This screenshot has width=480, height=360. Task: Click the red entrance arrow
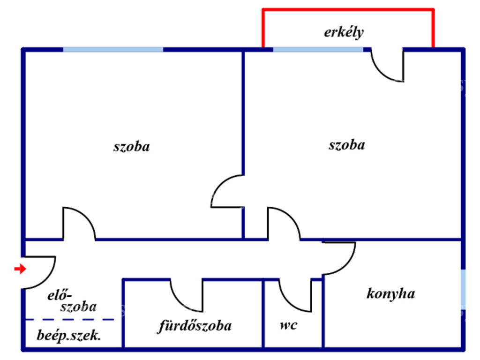coord(20,269)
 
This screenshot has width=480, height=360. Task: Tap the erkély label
coord(344,32)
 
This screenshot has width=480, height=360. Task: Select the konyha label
coord(390,293)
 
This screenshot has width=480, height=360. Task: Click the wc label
coord(288,325)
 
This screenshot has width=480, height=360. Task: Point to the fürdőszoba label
coord(195,326)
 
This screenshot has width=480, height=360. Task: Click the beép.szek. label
coord(68,336)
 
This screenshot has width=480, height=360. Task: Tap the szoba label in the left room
coord(132,146)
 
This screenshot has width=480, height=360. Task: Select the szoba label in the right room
coord(347,145)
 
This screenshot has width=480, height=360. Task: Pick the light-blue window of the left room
coord(113,50)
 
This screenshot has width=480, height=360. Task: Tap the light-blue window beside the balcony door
coord(318,50)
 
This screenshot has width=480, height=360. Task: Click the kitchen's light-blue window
coord(463,290)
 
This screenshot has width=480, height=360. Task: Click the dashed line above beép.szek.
coord(70,320)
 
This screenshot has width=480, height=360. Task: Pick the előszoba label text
coord(72,301)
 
